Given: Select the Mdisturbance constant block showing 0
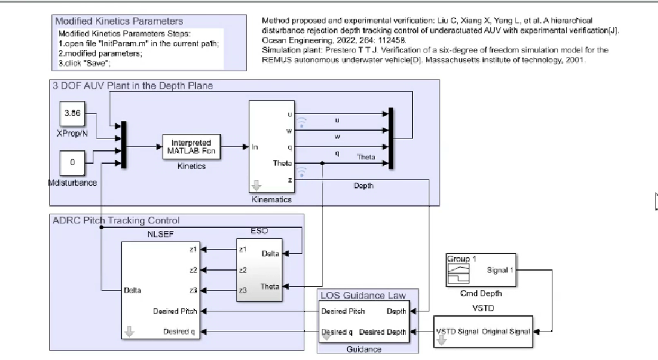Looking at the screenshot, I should point(72,163).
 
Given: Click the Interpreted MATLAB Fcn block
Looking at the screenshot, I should point(191,147).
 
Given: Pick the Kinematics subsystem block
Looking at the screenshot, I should point(272,146).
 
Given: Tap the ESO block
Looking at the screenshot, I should point(258,269).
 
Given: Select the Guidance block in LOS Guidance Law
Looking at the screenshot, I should point(363,322).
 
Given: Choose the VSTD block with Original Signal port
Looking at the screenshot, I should point(483,332).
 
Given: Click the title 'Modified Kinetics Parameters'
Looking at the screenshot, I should point(119,21).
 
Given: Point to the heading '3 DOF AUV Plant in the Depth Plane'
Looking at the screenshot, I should point(132,85).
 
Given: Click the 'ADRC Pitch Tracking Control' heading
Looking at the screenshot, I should point(115,221).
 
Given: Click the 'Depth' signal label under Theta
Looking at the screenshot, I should point(363,186).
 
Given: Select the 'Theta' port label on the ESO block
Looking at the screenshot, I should point(270,286).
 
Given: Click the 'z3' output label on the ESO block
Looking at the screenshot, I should point(243,290).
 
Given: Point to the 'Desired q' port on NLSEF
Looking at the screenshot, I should point(176,332).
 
